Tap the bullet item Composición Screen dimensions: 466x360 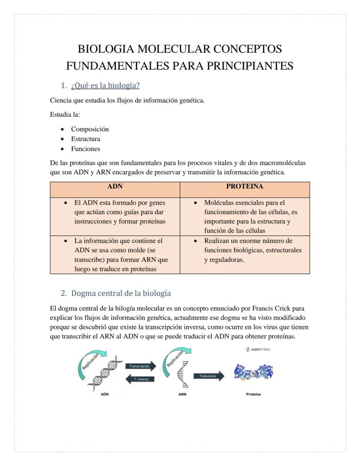pyautogui.click(x=90, y=129)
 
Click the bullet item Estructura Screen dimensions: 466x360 pyautogui.click(x=86, y=139)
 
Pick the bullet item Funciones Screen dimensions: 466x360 pyautogui.click(x=86, y=149)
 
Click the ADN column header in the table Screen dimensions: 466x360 pyautogui.click(x=115, y=186)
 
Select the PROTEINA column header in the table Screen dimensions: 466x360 pyautogui.click(x=245, y=186)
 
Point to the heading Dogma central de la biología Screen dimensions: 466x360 pyautogui.click(x=121, y=293)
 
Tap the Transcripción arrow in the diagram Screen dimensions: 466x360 pyautogui.click(x=140, y=366)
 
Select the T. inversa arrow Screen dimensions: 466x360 pyautogui.click(x=140, y=379)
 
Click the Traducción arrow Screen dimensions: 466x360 pyautogui.click(x=209, y=376)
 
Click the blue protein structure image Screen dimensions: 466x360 pyautogui.click(x=253, y=373)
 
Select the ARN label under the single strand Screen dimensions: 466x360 pyautogui.click(x=183, y=394)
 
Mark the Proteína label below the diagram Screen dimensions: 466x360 pyautogui.click(x=253, y=394)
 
